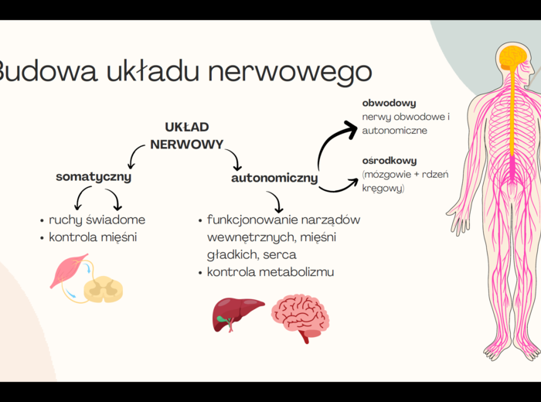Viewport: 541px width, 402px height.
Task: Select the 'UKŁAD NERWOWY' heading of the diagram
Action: [x=187, y=135]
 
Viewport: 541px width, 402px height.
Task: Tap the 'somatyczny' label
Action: [x=94, y=177]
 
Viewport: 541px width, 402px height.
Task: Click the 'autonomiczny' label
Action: [x=274, y=179]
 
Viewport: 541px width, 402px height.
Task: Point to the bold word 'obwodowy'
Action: [x=390, y=103]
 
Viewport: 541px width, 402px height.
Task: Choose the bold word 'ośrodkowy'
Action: [x=390, y=161]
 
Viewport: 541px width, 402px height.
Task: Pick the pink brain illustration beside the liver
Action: [x=300, y=317]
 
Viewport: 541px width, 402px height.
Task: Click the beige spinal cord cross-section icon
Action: [x=104, y=289]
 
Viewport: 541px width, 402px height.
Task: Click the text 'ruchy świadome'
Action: [x=97, y=220]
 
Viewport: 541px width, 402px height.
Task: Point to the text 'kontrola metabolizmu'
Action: [x=270, y=272]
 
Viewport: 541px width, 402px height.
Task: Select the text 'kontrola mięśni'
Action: [x=93, y=237]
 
